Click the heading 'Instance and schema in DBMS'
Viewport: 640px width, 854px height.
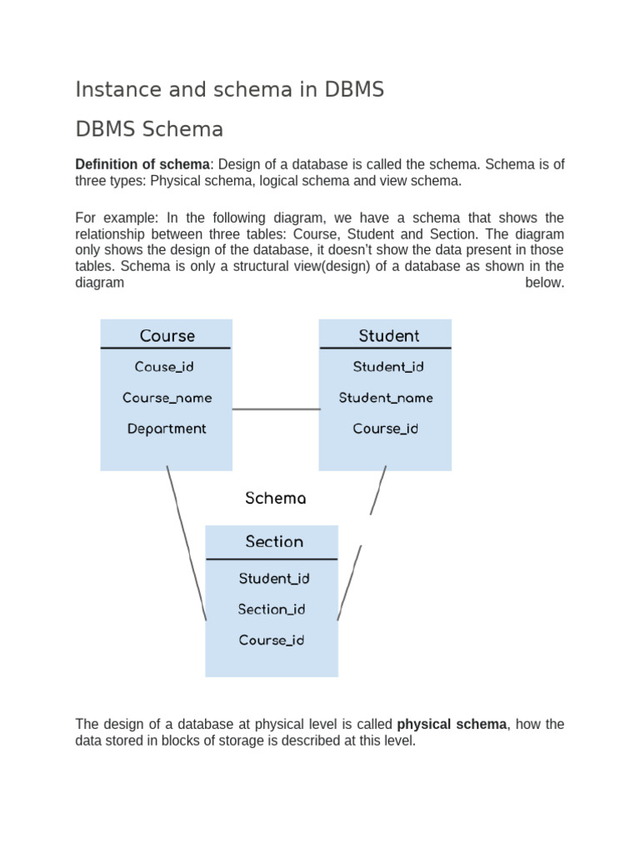click(x=230, y=90)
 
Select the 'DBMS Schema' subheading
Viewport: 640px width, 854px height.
click(x=149, y=130)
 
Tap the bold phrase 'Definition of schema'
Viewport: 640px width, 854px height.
click(x=142, y=164)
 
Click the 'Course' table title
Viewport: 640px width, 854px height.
click(x=167, y=336)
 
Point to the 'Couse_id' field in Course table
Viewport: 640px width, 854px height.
click(x=164, y=367)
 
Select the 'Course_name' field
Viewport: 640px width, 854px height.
click(x=167, y=398)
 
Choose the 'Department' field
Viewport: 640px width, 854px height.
click(x=167, y=429)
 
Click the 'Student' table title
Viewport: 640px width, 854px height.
click(x=388, y=336)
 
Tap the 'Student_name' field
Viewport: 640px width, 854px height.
click(x=386, y=398)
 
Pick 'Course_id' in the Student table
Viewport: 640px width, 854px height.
click(x=385, y=429)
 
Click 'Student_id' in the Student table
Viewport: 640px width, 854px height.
click(x=388, y=367)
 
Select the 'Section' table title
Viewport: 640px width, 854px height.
click(x=274, y=542)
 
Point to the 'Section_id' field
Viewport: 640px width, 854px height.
click(x=272, y=610)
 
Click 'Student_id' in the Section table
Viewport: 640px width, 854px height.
click(x=274, y=579)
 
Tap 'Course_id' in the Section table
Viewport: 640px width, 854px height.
click(x=272, y=640)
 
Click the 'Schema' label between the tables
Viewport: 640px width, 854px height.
click(x=275, y=499)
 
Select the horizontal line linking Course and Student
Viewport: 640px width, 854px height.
click(x=275, y=409)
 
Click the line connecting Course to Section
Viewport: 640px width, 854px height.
click(x=186, y=542)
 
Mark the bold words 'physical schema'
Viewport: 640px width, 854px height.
click(x=452, y=724)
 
